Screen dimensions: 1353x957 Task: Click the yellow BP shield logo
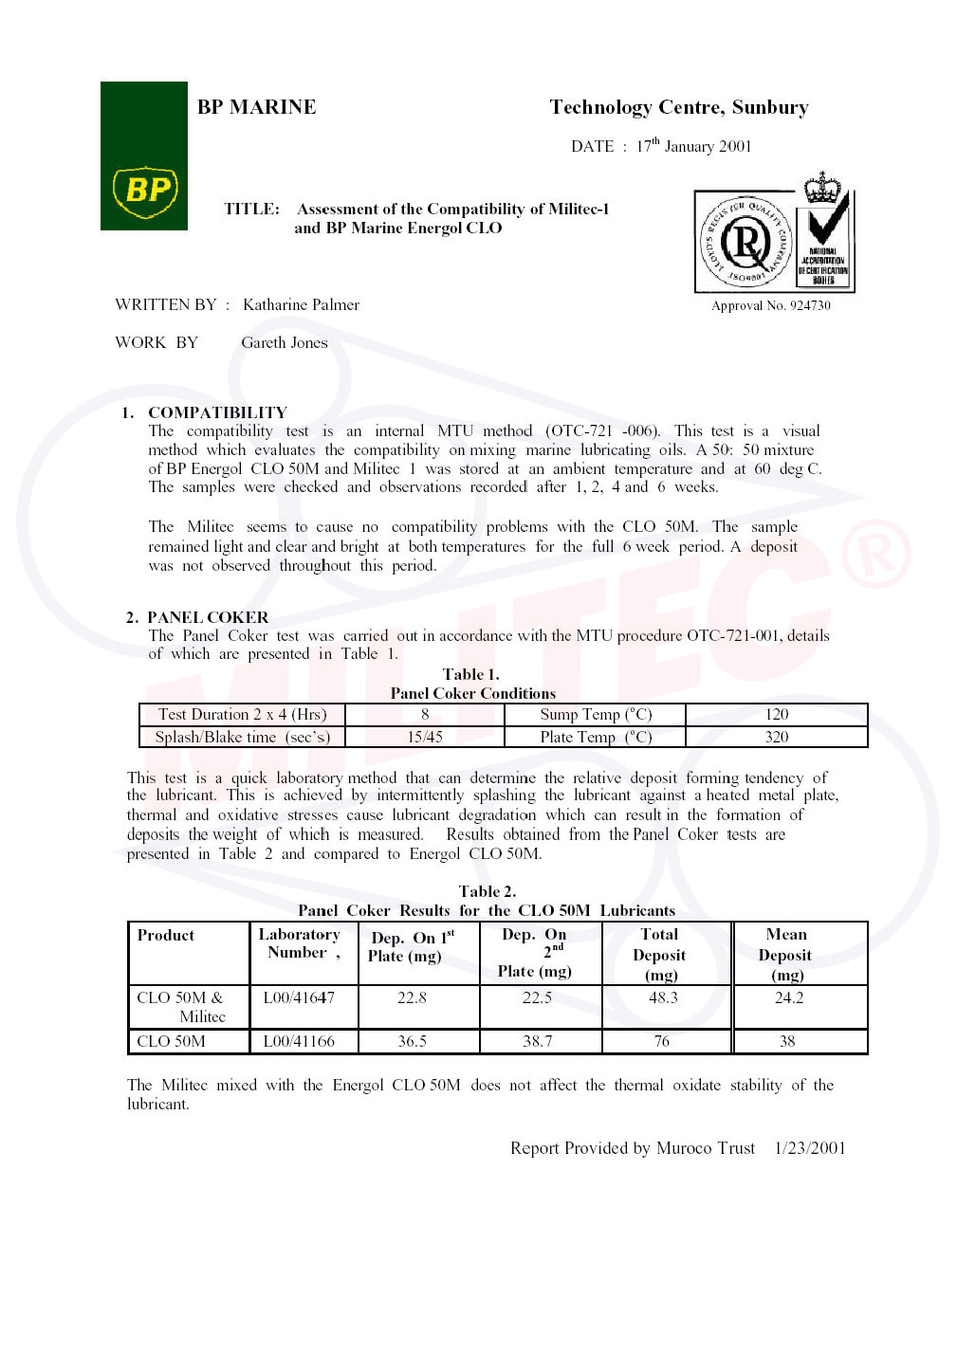144,192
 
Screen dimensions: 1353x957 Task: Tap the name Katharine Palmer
301,304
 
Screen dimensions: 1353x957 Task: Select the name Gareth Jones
284,342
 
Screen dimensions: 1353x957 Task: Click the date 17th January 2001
693,146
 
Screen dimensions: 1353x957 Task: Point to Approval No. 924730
770,305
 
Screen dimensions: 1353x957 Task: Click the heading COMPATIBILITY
217,412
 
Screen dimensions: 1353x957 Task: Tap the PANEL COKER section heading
207,617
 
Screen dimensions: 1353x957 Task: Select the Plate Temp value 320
776,737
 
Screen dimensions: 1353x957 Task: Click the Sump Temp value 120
776,714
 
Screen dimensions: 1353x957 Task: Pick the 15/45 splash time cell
424,737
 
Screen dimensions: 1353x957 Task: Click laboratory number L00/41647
299,997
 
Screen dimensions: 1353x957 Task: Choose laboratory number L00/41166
299,1041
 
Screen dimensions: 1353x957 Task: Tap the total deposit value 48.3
663,997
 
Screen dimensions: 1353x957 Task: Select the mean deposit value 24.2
788,997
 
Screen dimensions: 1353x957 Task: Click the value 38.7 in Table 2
537,1041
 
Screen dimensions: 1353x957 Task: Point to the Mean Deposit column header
786,954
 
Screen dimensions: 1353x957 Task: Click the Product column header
165,935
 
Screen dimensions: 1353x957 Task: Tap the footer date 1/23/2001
809,1148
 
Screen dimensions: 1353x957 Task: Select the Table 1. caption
470,674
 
